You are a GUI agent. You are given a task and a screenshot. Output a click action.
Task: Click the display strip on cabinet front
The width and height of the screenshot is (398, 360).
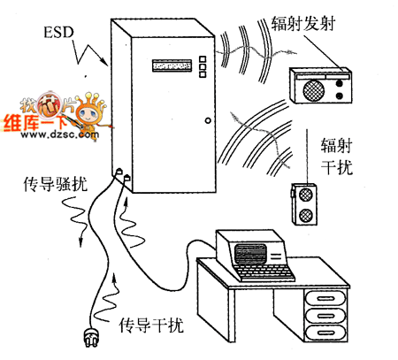tap(172, 65)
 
